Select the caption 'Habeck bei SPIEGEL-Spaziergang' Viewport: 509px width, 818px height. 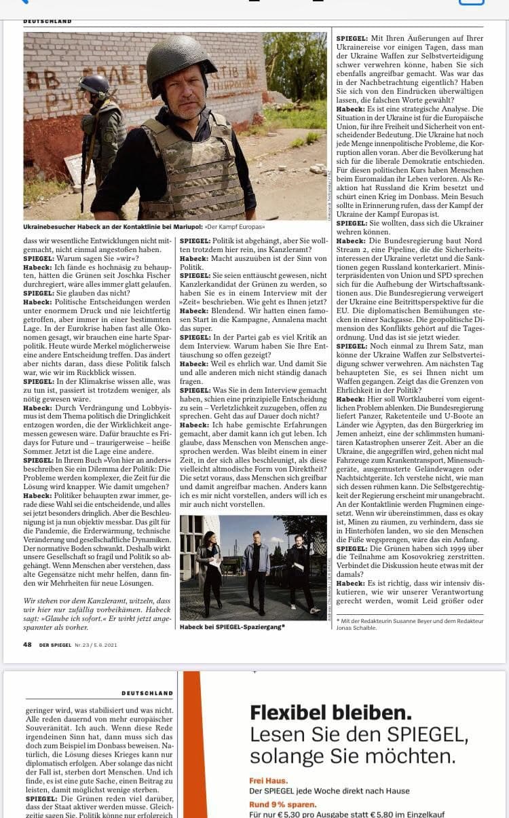pyautogui.click(x=232, y=626)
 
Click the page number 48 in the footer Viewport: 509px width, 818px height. pyautogui.click(x=27, y=645)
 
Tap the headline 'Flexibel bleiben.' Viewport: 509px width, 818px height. pyautogui.click(x=331, y=713)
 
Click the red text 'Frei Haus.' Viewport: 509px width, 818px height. pyautogui.click(x=268, y=781)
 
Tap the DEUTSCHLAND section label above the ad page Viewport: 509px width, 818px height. pyautogui.click(x=147, y=693)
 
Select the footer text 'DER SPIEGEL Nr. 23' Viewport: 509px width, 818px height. pyautogui.click(x=69, y=645)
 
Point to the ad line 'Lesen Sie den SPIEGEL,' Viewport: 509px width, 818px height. pyautogui.click(x=358, y=734)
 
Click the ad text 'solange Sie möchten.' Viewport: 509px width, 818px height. pyautogui.click(x=352, y=756)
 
